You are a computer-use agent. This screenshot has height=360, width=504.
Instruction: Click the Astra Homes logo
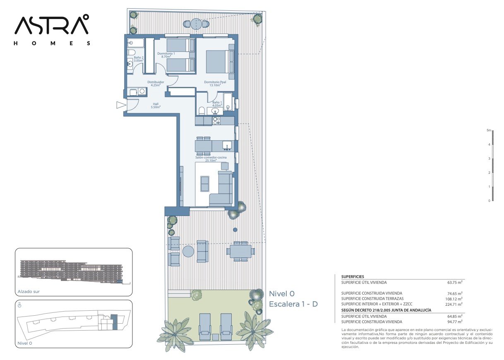52,30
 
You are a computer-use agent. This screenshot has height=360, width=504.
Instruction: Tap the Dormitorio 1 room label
166,55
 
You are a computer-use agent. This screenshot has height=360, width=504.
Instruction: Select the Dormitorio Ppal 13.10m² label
215,84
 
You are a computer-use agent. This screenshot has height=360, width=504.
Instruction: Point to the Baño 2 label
139,59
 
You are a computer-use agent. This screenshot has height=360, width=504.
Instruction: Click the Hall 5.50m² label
156,106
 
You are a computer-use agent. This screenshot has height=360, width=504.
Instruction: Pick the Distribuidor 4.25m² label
156,84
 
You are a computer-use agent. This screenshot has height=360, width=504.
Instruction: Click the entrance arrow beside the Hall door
121,105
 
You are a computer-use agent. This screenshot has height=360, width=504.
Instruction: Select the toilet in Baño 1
202,111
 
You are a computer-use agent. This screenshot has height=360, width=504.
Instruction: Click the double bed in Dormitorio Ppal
220,62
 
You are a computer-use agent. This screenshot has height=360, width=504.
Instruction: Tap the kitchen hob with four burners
216,121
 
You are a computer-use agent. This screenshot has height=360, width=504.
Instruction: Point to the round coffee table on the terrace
188,251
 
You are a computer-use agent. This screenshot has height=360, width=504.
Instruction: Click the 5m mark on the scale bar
489,130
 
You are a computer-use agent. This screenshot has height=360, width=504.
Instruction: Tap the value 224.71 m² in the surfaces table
454,305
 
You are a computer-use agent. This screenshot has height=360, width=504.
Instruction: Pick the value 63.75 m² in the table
455,283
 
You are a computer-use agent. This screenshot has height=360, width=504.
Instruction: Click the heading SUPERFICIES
353,277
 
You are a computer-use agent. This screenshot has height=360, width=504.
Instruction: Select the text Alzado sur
29,292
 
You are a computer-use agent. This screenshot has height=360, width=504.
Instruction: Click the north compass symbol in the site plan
19,305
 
